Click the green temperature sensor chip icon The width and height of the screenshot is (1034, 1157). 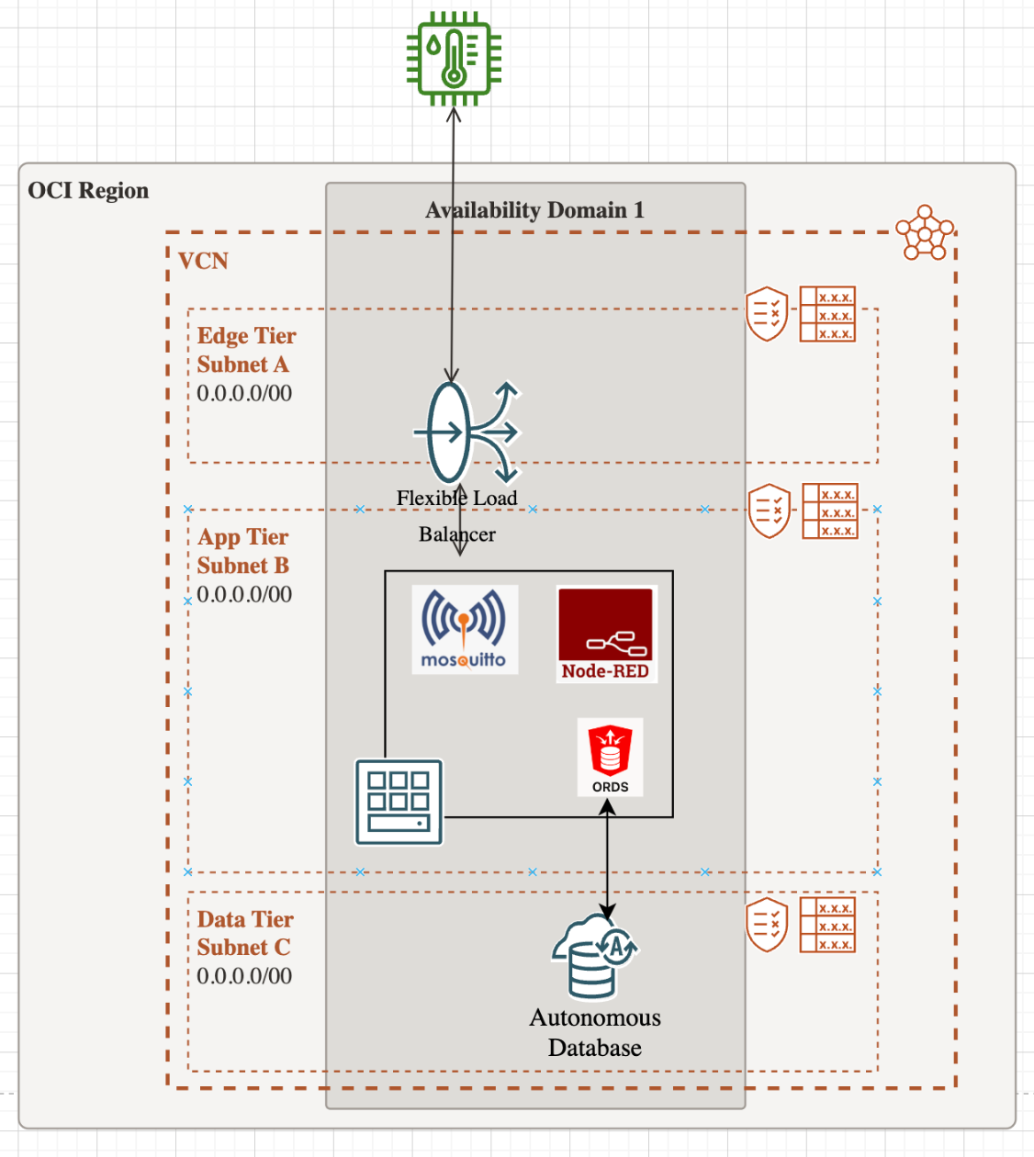point(454,58)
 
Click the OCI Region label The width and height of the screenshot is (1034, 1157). point(88,191)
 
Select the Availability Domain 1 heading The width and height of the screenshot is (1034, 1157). point(534,210)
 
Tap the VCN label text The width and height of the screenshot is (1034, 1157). point(203,262)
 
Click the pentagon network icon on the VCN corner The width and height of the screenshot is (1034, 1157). point(925,233)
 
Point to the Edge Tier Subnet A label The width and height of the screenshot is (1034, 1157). point(246,350)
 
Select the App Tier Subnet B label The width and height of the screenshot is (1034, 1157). point(243,551)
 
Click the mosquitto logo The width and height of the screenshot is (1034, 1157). point(465,630)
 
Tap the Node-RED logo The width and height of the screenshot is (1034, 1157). point(606,635)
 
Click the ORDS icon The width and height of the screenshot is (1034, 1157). point(610,757)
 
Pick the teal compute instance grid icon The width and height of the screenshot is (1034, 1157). point(399,802)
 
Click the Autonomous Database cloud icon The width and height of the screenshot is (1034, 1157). point(594,956)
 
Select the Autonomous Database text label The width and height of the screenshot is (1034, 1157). point(595,1032)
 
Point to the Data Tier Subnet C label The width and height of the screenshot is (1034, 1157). point(245,933)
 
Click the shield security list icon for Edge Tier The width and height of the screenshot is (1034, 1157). point(767,314)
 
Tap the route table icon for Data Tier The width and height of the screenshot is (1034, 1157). point(827,925)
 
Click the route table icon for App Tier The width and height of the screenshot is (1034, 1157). point(830,511)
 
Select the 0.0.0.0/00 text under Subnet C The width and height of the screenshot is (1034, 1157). point(244,976)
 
